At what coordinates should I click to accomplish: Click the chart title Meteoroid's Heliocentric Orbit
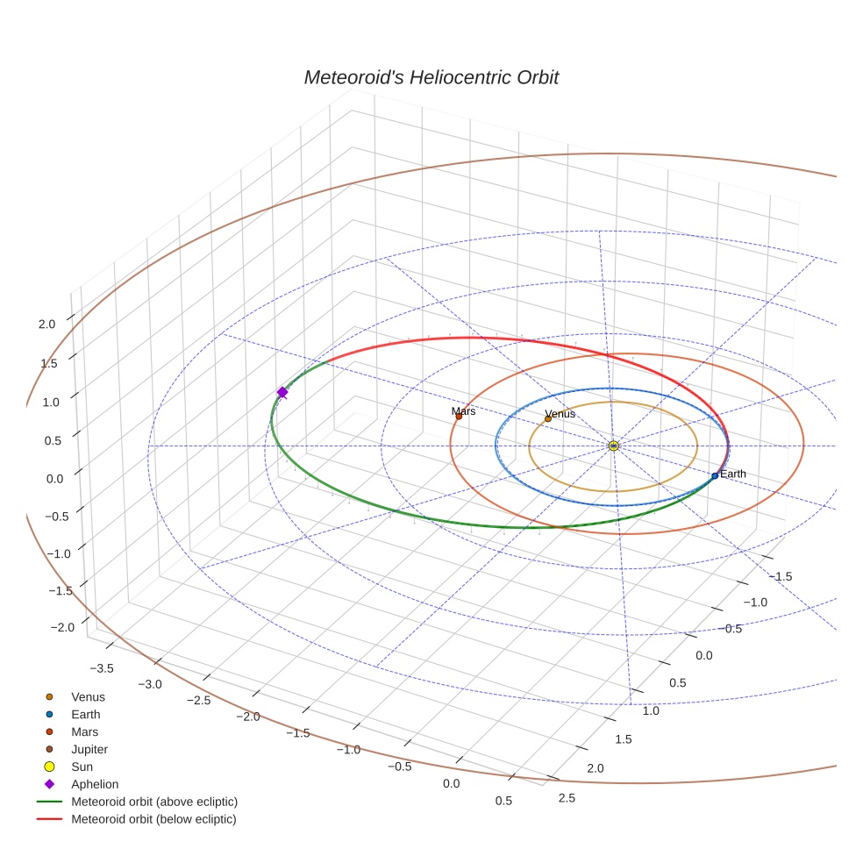point(431,77)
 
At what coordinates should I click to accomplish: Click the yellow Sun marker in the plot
point(613,446)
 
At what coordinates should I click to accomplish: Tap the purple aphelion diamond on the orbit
point(282,392)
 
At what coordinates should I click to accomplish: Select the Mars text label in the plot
point(463,410)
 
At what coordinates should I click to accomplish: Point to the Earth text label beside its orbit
point(732,474)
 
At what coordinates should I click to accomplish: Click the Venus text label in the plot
point(560,413)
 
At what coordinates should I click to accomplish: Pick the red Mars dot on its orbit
point(458,417)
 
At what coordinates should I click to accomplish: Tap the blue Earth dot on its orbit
point(715,475)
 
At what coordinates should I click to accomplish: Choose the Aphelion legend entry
point(95,784)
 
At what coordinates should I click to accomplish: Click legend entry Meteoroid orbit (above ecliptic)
point(154,802)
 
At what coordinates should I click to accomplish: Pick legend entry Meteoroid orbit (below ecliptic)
point(153,819)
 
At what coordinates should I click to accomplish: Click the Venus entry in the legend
point(88,697)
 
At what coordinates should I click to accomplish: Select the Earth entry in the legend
point(85,715)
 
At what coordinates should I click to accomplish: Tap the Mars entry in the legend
point(84,731)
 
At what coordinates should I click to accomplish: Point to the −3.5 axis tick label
point(102,668)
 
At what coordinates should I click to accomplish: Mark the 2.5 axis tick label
point(567,797)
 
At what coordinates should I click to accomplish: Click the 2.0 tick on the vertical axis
point(46,324)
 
